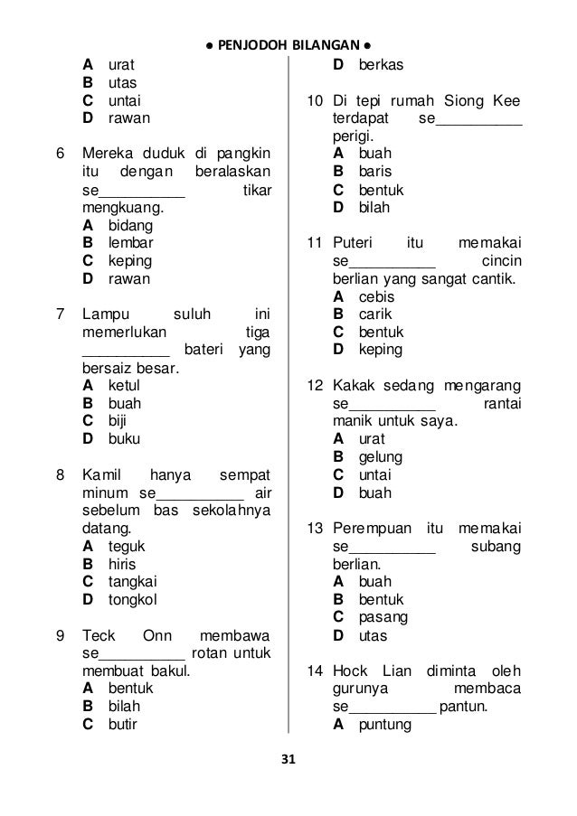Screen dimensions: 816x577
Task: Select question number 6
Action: pos(60,154)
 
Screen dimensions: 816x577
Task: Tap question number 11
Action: pos(315,243)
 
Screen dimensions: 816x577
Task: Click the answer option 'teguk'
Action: pos(127,546)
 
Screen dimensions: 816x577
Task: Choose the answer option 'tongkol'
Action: pos(132,598)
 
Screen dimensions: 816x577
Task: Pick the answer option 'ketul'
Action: pos(124,386)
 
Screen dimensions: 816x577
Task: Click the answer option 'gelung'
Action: pos(381,457)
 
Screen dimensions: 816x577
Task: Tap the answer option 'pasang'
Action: pos(383,617)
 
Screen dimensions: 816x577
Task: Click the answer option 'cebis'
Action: pos(376,296)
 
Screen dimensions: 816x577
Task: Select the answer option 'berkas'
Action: pos(381,65)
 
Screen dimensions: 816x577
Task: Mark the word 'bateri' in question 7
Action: pos(203,351)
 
